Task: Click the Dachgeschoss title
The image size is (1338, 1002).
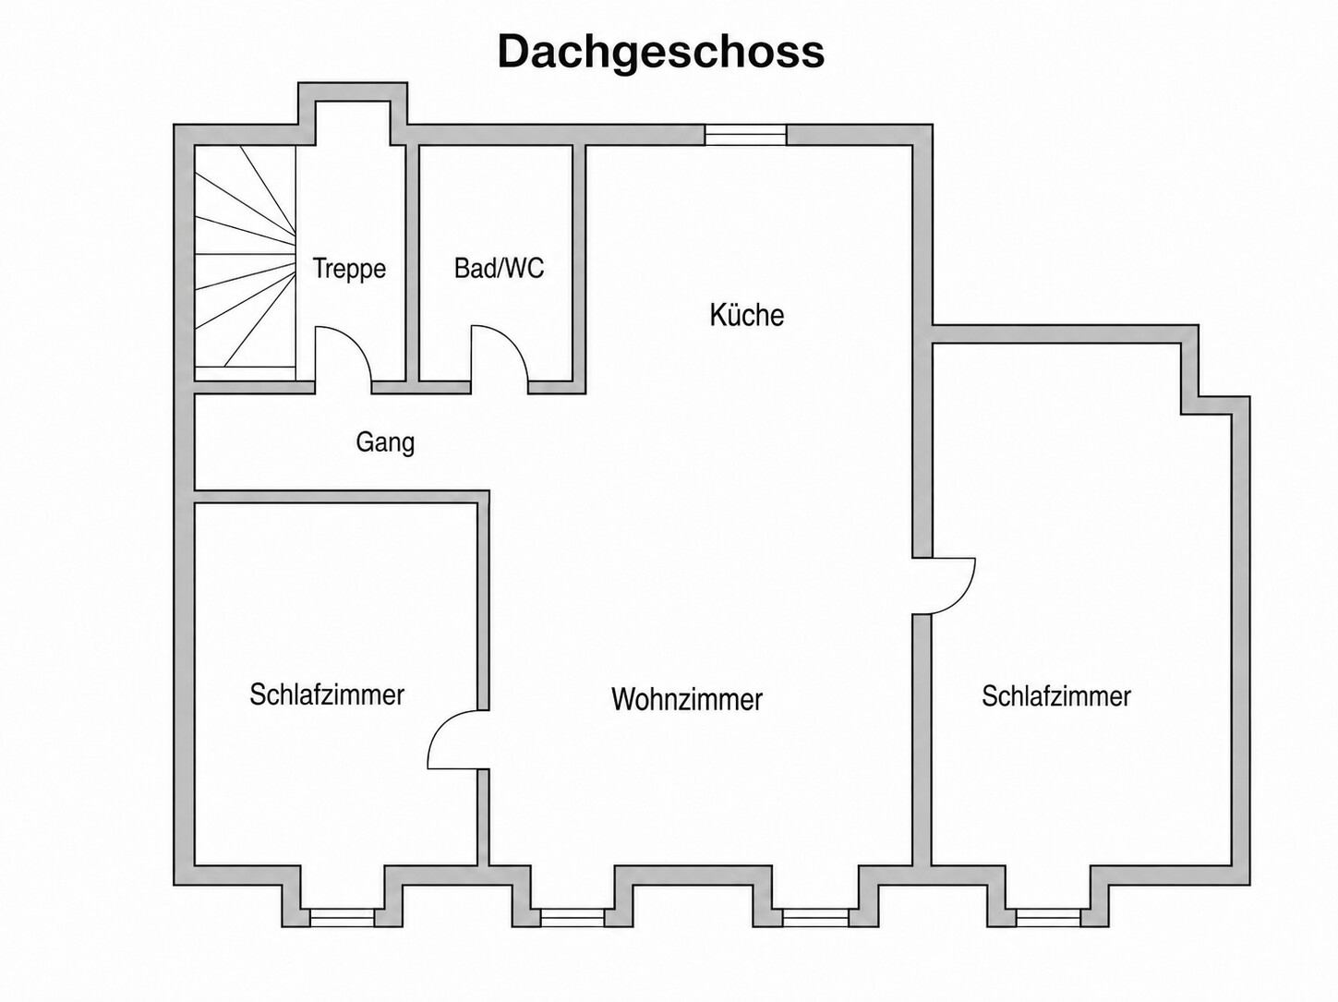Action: click(661, 53)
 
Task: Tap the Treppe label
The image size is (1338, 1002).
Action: click(349, 268)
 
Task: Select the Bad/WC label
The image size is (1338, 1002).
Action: click(499, 268)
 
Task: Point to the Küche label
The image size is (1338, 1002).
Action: click(747, 315)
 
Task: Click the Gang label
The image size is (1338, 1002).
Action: click(385, 441)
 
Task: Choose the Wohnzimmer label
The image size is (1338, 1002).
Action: click(687, 699)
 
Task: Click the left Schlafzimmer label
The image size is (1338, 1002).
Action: click(327, 694)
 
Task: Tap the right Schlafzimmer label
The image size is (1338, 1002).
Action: click(1056, 696)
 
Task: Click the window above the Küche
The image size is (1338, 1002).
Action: click(745, 135)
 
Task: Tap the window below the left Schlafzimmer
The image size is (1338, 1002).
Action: click(342, 917)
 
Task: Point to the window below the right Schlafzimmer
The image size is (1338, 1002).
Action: click(1048, 917)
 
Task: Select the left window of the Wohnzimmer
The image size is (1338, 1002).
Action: click(572, 917)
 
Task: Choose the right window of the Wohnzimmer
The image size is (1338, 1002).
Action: click(815, 917)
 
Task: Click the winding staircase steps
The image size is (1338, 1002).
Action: click(245, 256)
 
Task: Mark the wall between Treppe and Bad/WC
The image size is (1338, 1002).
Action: click(412, 263)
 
